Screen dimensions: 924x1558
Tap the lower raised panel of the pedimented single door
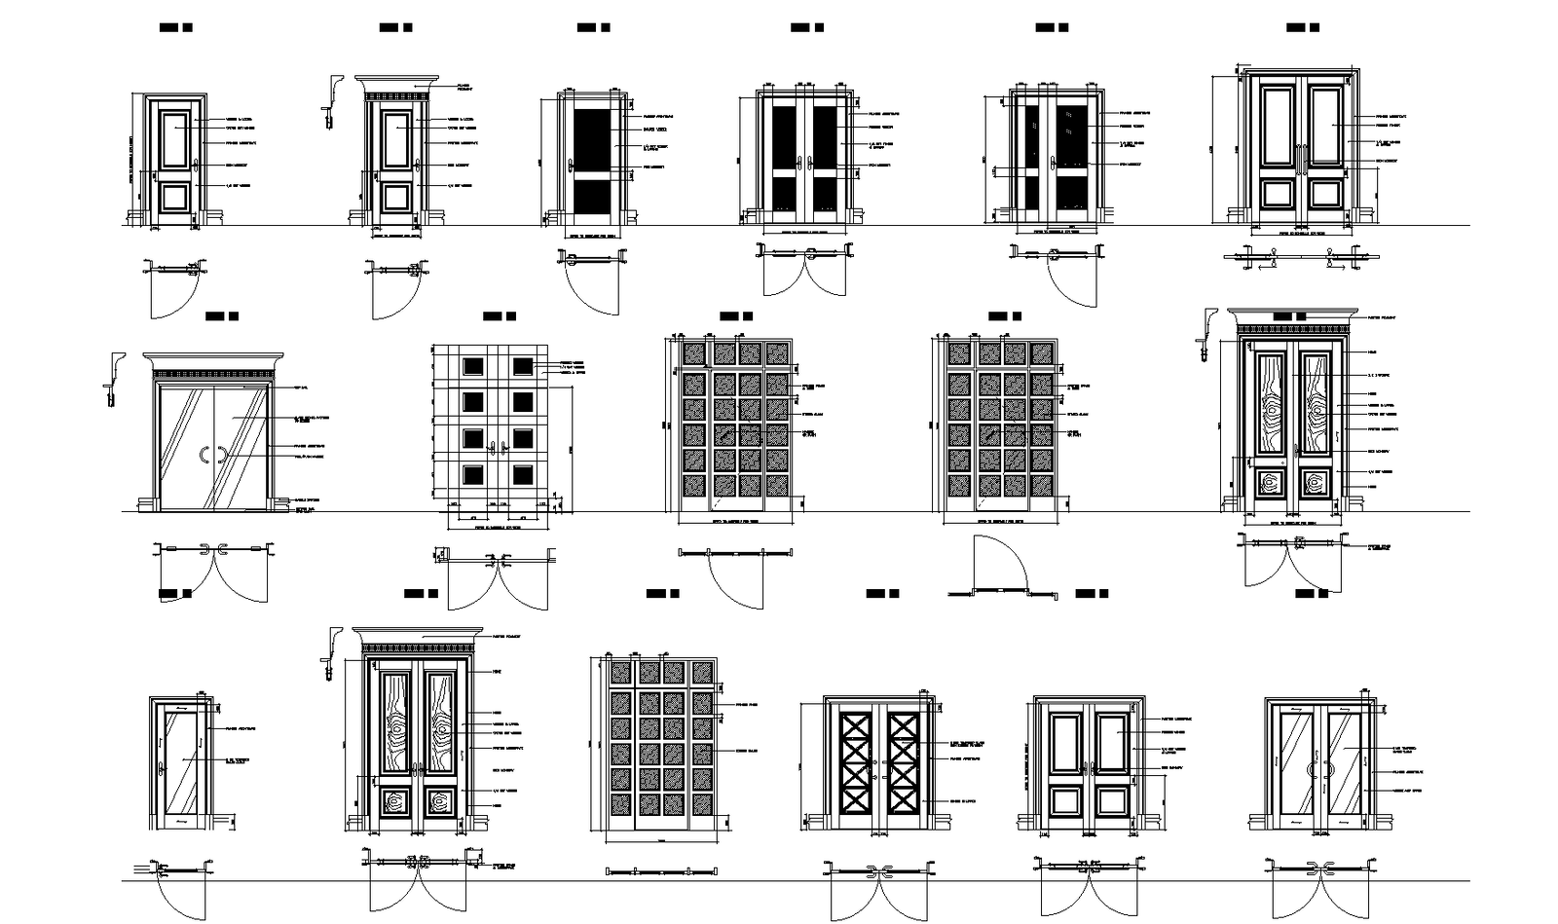[395, 197]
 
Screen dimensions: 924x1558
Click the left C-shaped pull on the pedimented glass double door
[202, 454]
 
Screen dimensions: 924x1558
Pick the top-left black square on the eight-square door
[472, 366]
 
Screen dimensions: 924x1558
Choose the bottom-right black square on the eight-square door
[524, 475]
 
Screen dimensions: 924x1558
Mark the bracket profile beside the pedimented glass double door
[116, 365]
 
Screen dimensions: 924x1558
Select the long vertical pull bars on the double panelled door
[1300, 157]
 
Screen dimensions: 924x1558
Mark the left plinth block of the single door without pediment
[134, 216]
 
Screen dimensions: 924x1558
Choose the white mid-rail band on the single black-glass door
[592, 176]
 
